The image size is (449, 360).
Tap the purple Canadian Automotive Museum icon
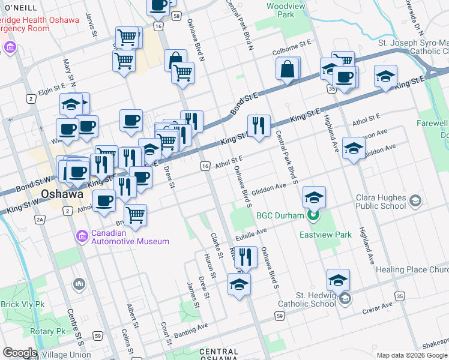click(82, 237)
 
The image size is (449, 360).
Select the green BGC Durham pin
click(312, 215)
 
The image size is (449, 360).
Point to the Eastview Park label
click(326, 235)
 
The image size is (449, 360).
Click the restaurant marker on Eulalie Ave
click(246, 258)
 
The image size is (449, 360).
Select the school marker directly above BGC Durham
click(314, 197)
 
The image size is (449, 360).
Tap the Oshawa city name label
click(62, 194)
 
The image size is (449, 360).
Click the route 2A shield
click(40, 220)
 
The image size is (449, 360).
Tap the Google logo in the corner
click(19, 353)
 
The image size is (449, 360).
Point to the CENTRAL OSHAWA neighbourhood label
click(219, 355)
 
